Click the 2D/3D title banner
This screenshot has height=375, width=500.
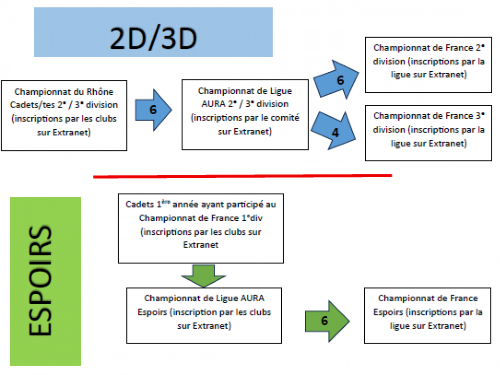153,32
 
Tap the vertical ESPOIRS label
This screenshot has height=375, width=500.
45,281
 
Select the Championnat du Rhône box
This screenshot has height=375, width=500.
63,115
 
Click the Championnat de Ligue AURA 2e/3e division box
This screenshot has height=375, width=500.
245,114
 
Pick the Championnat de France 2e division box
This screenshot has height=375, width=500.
428,62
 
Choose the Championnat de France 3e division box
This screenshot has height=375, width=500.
428,130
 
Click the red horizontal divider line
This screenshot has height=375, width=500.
242,176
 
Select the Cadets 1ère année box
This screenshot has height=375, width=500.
201,228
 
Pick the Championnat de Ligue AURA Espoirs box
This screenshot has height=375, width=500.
204,315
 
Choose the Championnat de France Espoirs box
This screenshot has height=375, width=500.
428,315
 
